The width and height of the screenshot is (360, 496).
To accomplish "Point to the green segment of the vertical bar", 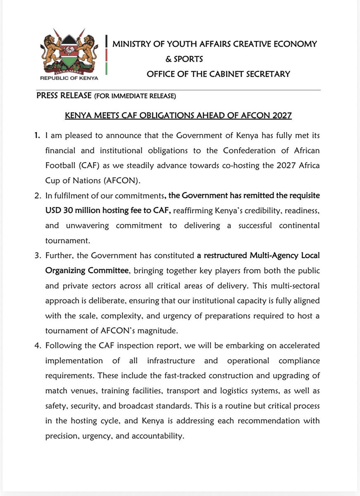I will coord(107,68).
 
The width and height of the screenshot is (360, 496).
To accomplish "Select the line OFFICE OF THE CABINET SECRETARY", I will coord(218,74).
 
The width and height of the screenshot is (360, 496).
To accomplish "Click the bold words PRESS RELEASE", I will coord(64,96).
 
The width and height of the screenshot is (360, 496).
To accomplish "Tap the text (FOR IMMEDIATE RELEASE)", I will coord(135,96).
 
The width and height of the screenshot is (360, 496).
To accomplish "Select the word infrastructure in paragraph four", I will coord(171,361).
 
